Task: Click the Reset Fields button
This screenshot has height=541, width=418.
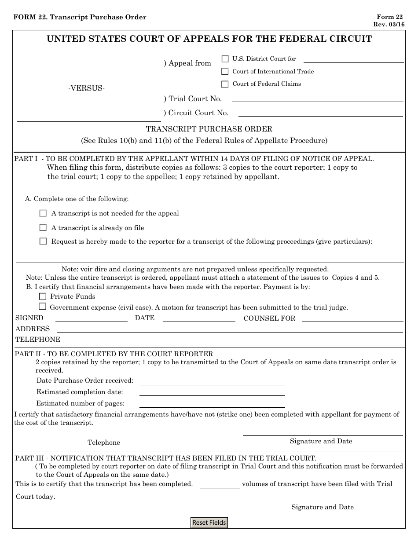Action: click(x=209, y=523)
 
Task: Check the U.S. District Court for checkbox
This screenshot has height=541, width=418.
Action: click(x=225, y=58)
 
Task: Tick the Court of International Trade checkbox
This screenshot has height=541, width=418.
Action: click(x=225, y=71)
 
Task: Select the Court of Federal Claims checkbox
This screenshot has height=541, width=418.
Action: click(x=225, y=84)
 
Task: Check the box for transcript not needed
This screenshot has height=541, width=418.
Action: click(x=43, y=213)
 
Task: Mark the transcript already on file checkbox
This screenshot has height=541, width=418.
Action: click(x=43, y=228)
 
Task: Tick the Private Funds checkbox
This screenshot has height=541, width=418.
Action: click(x=43, y=296)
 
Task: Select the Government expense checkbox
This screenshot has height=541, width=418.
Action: click(x=43, y=307)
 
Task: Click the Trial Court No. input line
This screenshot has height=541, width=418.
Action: click(x=317, y=99)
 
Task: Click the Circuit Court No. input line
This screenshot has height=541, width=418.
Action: click(x=320, y=113)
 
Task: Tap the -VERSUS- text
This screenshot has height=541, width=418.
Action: click(x=86, y=88)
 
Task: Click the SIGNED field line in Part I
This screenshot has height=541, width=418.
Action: click(x=91, y=319)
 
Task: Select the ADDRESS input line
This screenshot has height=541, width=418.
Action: click(x=230, y=329)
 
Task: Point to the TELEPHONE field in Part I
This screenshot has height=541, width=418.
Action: click(x=112, y=340)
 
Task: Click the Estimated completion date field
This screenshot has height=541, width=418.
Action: click(x=212, y=393)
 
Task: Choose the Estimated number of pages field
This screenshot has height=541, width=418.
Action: click(x=212, y=404)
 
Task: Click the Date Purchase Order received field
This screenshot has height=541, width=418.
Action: click(x=212, y=381)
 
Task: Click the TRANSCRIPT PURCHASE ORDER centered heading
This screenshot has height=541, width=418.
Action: click(x=209, y=129)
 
